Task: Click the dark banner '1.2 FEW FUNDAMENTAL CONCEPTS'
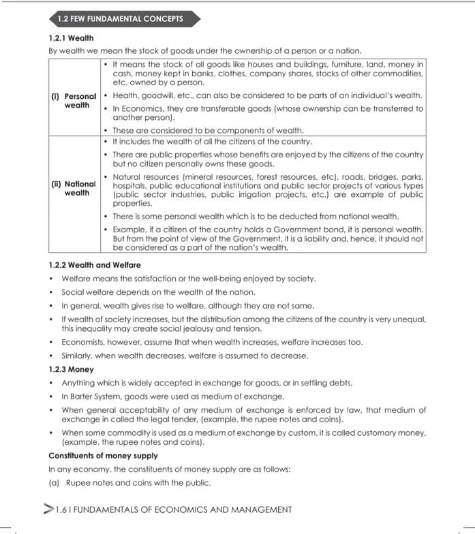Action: point(120,18)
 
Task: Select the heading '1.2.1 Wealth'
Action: point(71,38)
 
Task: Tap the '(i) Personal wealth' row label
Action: point(74,101)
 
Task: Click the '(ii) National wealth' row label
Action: point(74,188)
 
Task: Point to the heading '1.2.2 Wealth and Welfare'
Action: point(95,265)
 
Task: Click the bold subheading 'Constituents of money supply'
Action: point(103,456)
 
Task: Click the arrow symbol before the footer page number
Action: point(48,509)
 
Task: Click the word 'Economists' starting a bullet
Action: point(83,342)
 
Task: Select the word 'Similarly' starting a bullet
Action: point(78,356)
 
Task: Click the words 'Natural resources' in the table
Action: point(143,177)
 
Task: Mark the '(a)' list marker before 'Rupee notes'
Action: point(55,483)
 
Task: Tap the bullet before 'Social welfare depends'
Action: point(52,292)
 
